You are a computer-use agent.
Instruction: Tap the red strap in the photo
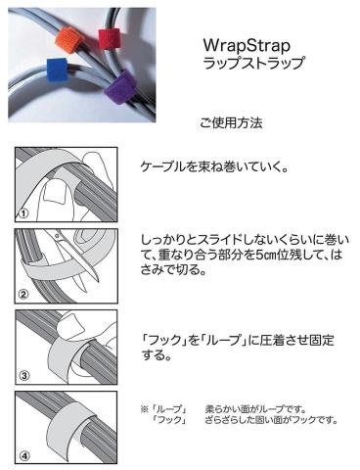pyautogui.click(x=110, y=38)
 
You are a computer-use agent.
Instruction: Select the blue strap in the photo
pyautogui.click(x=57, y=70)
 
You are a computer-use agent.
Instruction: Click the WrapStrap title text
pyautogui.click(x=247, y=45)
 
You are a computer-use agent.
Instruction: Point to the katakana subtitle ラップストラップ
pyautogui.click(x=254, y=63)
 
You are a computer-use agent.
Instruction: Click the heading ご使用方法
pyautogui.click(x=231, y=123)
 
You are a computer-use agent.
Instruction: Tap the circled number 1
pyautogui.click(x=23, y=213)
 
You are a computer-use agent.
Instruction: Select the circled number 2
pyautogui.click(x=23, y=295)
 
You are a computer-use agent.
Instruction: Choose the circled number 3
pyautogui.click(x=24, y=376)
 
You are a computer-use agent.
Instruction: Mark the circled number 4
pyautogui.click(x=24, y=455)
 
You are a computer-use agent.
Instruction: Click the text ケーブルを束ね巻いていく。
pyautogui.click(x=214, y=167)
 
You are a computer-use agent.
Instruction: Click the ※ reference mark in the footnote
pyautogui.click(x=144, y=409)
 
